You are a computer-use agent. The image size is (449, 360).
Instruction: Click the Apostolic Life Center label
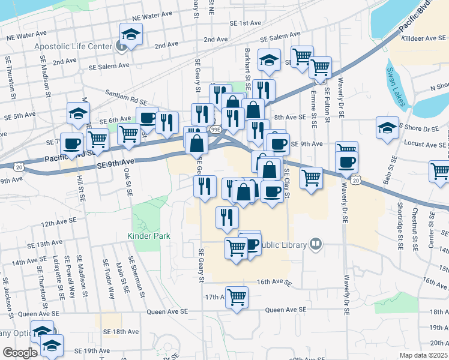[x=73, y=46]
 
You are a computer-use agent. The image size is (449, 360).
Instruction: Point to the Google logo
[x=20, y=353]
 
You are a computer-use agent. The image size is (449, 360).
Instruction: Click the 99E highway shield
[x=215, y=129]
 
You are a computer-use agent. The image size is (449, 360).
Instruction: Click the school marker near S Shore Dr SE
[x=387, y=127]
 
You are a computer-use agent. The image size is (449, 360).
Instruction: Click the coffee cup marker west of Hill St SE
[x=72, y=144]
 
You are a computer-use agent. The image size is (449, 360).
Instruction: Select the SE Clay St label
[x=286, y=180]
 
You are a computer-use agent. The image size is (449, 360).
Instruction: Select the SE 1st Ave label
[x=246, y=23]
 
